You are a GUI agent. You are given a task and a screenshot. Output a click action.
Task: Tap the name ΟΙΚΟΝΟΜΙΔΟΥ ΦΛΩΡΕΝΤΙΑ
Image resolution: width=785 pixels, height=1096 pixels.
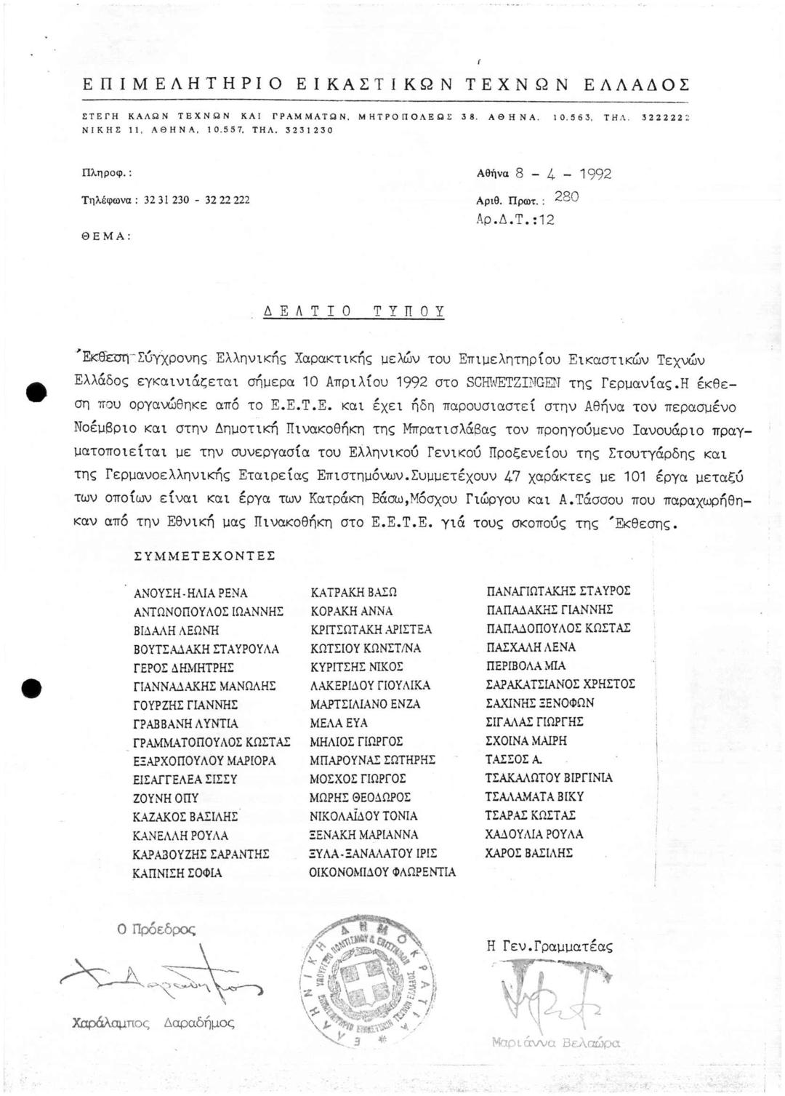382,871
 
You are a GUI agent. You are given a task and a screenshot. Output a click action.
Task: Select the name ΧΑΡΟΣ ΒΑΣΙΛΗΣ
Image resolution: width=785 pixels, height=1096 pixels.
529,852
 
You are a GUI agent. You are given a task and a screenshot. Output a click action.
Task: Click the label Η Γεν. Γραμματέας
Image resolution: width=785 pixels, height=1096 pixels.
549,946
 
